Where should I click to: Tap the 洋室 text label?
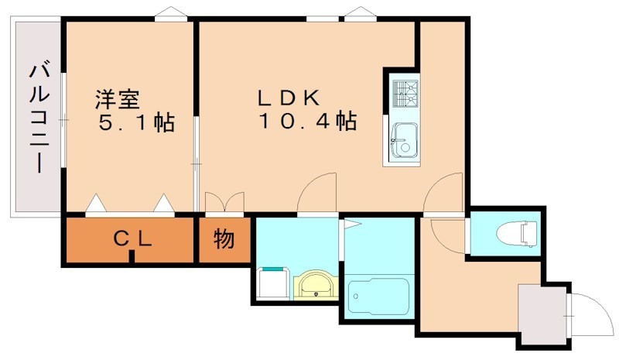[x=117, y=100]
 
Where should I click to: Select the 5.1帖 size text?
[x=136, y=122]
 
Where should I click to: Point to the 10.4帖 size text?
[x=307, y=122]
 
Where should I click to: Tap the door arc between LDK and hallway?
[x=443, y=193]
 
